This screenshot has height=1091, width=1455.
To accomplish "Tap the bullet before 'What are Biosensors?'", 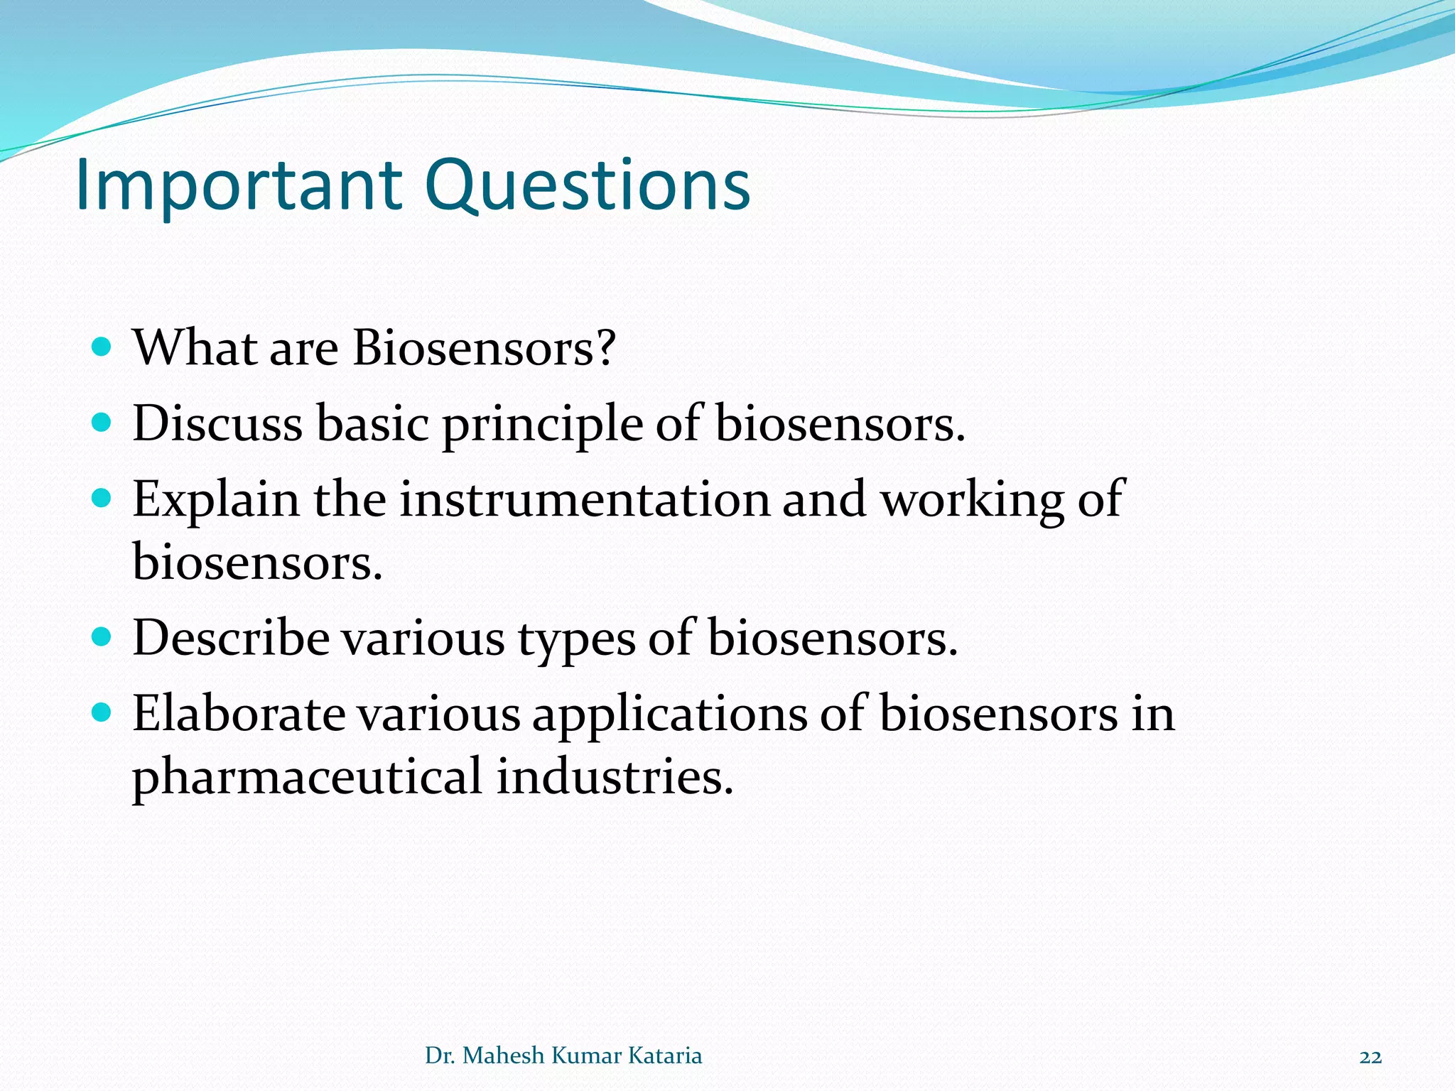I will (102, 347).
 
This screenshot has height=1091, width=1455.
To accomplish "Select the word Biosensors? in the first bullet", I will (484, 348).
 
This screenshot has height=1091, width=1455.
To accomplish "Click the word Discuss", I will (217, 423).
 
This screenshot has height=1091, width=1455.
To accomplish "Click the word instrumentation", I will (584, 499).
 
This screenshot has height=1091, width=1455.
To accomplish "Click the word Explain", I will (216, 500).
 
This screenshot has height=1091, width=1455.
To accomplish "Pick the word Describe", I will (230, 638).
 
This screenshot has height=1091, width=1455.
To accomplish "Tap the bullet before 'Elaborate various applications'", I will (102, 712).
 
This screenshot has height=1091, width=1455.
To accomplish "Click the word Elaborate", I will (239, 713).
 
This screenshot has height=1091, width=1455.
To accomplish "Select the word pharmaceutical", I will (307, 777).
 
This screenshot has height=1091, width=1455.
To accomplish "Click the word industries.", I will (614, 776).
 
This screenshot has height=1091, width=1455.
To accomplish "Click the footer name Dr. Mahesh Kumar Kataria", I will (563, 1055).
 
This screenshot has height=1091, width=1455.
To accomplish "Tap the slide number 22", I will (1370, 1057).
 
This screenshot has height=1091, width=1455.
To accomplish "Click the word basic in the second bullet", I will (372, 423).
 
